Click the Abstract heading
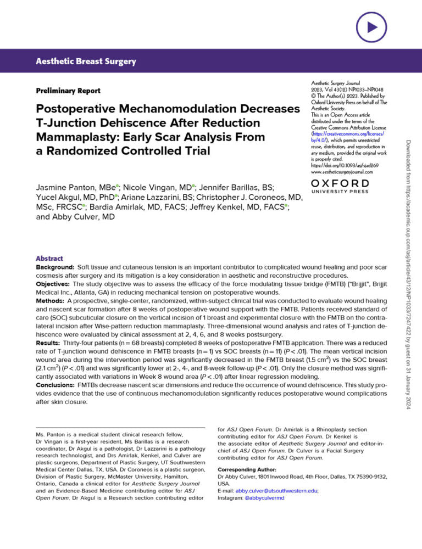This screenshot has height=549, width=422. point(49,259)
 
